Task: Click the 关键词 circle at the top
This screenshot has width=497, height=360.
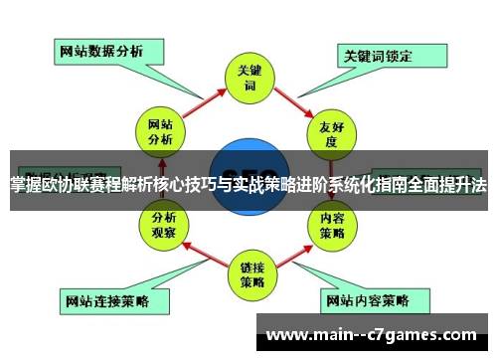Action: click(x=248, y=79)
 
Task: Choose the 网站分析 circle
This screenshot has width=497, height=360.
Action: click(x=160, y=132)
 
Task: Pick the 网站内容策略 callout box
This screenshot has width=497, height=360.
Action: click(x=367, y=298)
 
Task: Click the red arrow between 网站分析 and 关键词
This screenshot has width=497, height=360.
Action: click(x=200, y=98)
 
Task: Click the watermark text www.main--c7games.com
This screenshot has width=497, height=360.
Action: click(x=372, y=332)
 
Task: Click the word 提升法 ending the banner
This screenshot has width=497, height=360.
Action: click(x=466, y=184)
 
